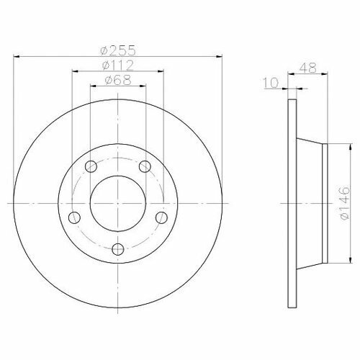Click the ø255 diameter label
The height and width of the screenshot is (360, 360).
[x=118, y=50]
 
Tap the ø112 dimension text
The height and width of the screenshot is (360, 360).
[x=117, y=65]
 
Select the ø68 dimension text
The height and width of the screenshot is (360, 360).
[x=118, y=80]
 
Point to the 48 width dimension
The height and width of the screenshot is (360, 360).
[x=308, y=68]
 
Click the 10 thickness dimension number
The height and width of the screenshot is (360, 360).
[x=271, y=83]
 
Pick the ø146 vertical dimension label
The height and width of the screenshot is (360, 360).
[x=345, y=203]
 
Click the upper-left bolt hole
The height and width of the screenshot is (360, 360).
[x=91, y=166]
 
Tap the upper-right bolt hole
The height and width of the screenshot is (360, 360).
[x=145, y=166]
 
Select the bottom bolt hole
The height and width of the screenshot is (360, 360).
[x=118, y=249]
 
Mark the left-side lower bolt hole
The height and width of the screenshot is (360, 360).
[x=74, y=217]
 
